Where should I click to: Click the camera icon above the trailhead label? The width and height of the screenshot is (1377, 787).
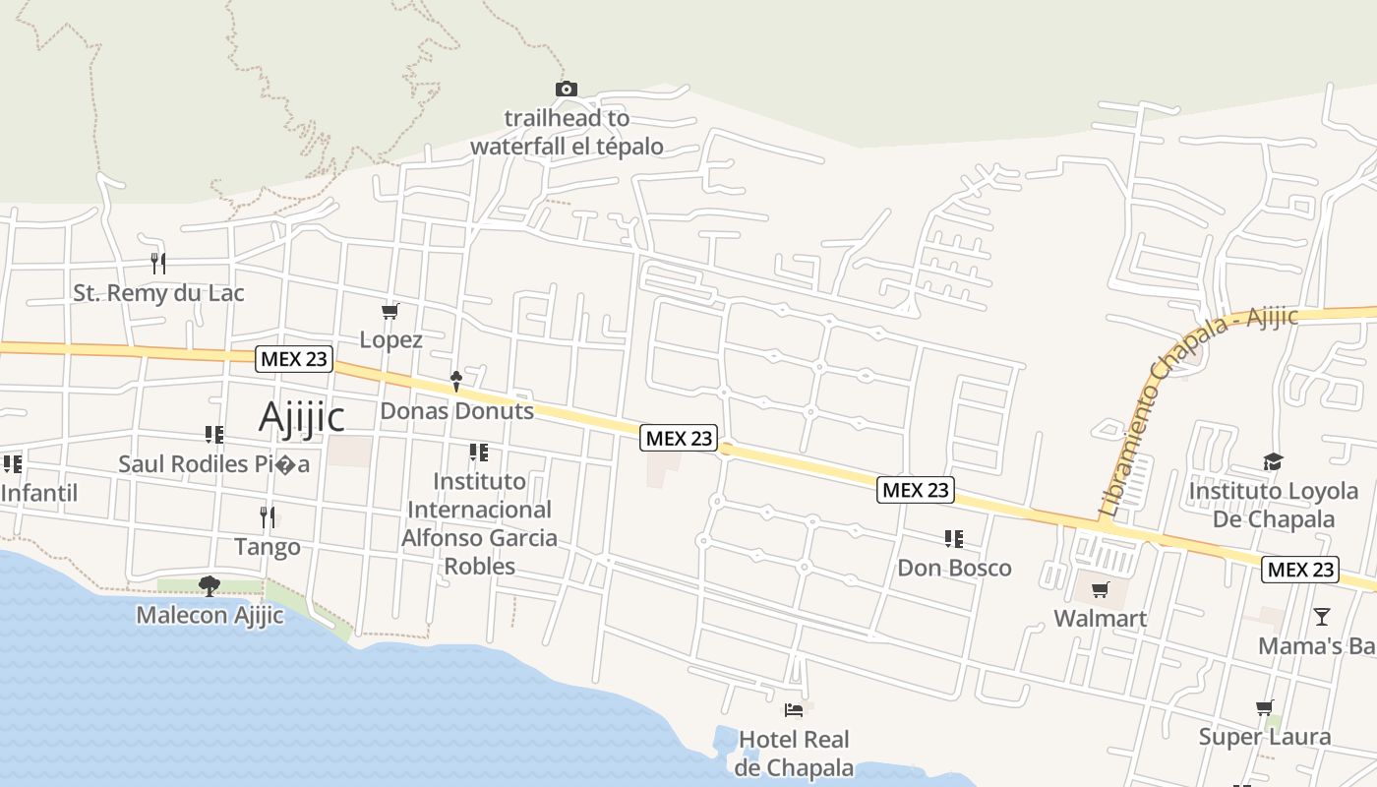click(x=566, y=90)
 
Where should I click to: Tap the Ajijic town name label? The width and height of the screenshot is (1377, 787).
click(x=301, y=417)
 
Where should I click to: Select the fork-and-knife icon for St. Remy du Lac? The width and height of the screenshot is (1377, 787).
click(x=157, y=263)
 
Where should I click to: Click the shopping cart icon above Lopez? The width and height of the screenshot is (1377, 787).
click(x=390, y=312)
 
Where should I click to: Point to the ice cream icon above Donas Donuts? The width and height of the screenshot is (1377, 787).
click(x=456, y=381)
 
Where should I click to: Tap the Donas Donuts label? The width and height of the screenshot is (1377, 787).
click(x=456, y=411)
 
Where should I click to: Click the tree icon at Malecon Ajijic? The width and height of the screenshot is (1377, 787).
click(x=209, y=586)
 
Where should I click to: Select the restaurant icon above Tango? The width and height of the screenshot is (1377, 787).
click(x=267, y=516)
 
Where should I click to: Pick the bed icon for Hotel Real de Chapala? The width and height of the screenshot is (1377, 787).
click(x=794, y=709)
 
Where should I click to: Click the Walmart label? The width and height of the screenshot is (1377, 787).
click(x=1100, y=619)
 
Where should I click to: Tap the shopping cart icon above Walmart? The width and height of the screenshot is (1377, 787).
click(x=1100, y=590)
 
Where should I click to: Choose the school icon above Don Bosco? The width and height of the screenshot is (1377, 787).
click(x=953, y=539)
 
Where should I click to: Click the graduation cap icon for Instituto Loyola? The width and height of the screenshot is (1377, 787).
click(x=1273, y=461)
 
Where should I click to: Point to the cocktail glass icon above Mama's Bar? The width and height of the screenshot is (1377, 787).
click(x=1321, y=617)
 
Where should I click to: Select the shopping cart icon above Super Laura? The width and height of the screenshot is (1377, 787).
click(x=1265, y=707)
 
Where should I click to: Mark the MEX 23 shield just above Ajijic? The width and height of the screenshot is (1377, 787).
click(x=293, y=359)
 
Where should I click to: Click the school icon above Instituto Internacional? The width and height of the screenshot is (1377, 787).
click(x=479, y=453)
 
